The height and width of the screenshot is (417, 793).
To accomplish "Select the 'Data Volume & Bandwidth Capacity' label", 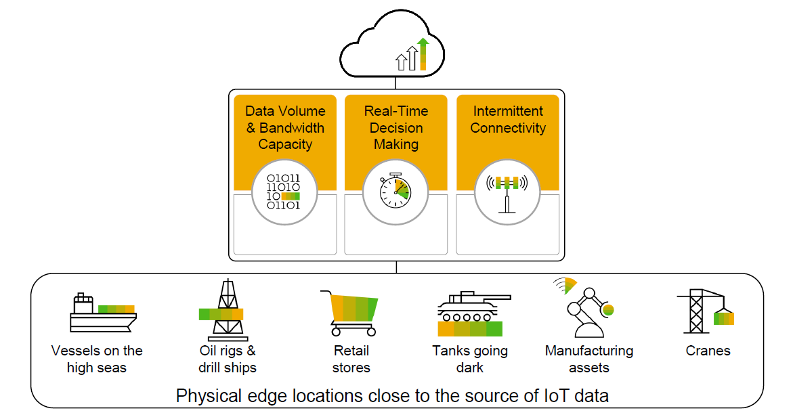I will (x=285, y=127).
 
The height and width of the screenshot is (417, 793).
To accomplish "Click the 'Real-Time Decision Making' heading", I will (x=396, y=127).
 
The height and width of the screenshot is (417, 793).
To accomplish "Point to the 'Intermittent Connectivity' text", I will (x=508, y=119).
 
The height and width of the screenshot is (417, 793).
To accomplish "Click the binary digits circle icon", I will (x=284, y=192).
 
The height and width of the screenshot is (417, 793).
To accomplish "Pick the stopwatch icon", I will (x=396, y=192).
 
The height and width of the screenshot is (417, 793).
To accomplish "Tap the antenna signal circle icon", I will (x=508, y=192).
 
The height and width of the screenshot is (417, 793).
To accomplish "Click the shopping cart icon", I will (x=350, y=313).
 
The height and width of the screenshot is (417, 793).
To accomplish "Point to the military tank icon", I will (x=471, y=314).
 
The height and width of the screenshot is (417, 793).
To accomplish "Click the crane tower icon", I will (x=704, y=311).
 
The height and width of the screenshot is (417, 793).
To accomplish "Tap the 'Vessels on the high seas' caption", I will (x=97, y=359).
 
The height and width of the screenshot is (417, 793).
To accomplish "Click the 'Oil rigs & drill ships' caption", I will (x=227, y=359).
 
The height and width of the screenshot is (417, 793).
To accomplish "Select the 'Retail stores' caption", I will (x=351, y=359).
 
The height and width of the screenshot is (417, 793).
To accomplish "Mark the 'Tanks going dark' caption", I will (x=470, y=359).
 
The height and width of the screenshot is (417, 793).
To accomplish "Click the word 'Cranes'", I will (x=708, y=351).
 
